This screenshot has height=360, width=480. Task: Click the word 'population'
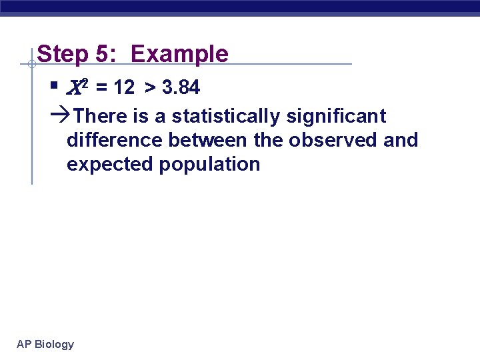pos(209,165)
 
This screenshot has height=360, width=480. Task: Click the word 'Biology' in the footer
pos(54,344)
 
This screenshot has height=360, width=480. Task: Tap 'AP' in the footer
pos(24,344)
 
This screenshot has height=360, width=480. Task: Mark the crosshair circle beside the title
pos(31,65)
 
